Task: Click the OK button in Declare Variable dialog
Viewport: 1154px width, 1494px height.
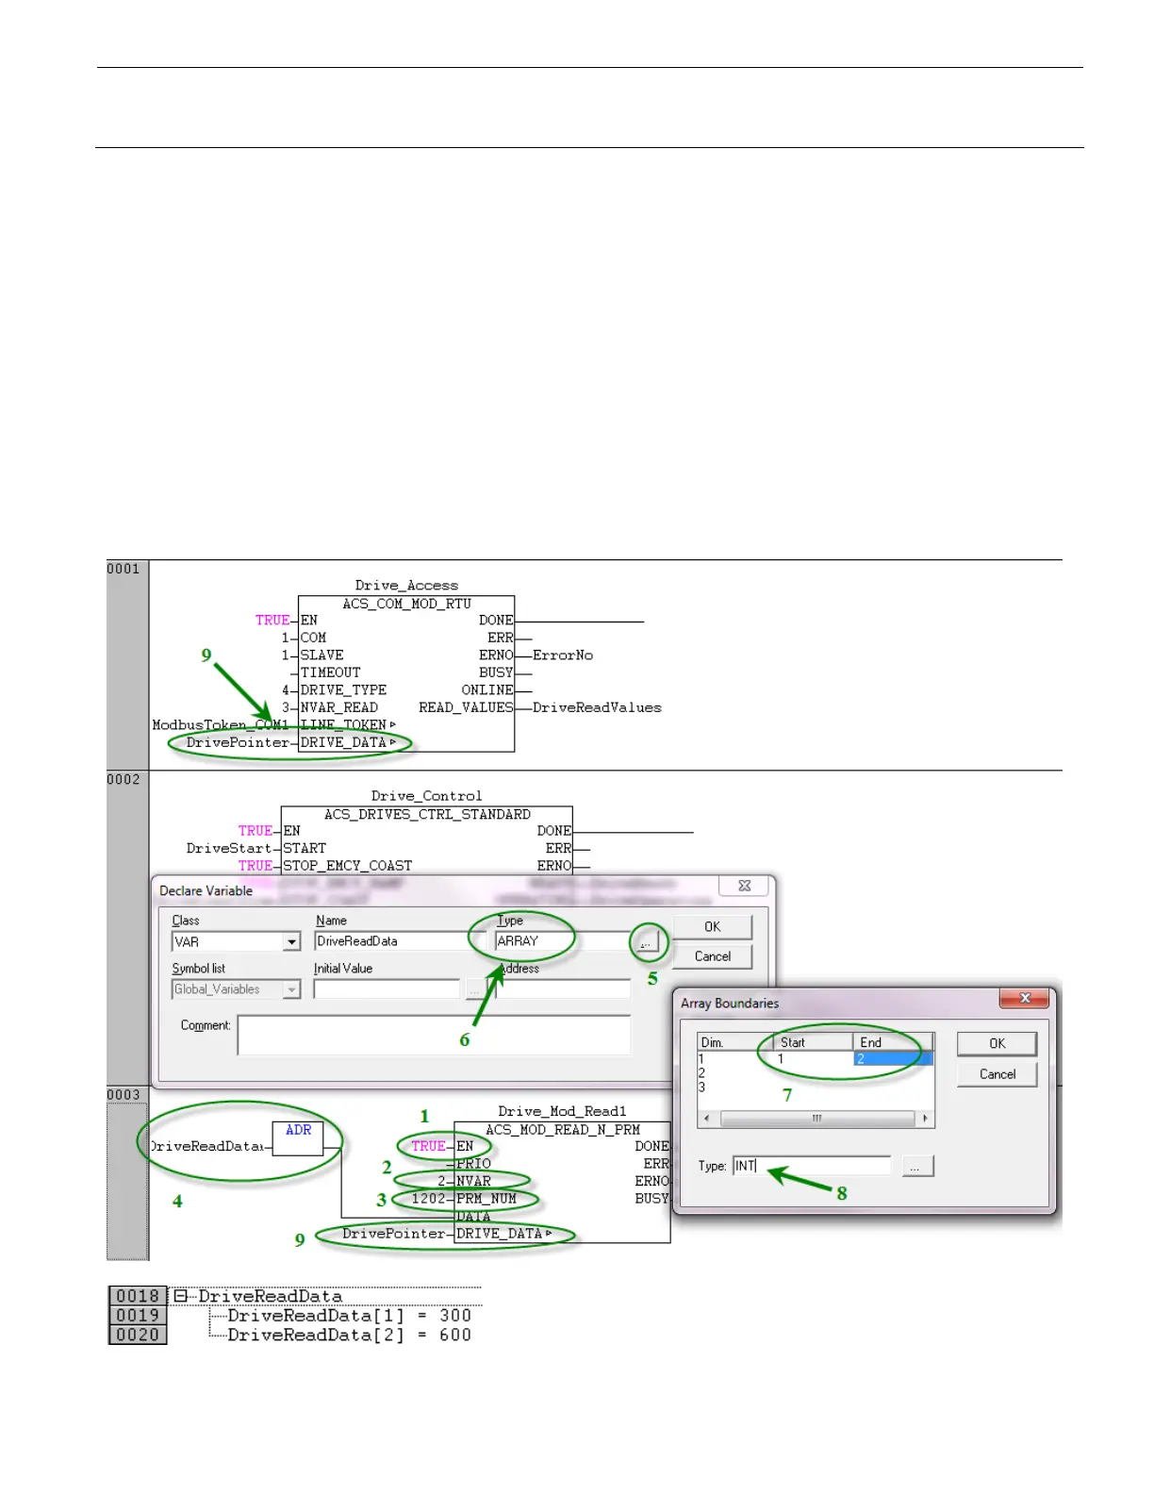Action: click(712, 927)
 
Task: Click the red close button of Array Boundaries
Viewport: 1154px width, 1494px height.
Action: click(1025, 998)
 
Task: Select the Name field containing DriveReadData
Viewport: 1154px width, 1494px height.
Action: click(392, 941)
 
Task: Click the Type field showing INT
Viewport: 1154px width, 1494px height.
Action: click(811, 1166)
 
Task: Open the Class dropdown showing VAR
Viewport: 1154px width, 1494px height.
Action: click(291, 942)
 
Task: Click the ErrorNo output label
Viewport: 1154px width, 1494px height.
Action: click(563, 656)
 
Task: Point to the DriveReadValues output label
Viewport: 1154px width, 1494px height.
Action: click(597, 707)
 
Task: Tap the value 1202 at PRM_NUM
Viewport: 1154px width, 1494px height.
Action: click(428, 1199)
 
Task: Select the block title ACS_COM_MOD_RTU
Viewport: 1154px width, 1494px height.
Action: click(406, 604)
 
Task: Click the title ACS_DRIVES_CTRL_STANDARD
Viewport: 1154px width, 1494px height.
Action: click(427, 814)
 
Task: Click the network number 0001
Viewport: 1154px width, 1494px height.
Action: click(124, 569)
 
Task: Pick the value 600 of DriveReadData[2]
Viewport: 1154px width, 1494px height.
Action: click(454, 1335)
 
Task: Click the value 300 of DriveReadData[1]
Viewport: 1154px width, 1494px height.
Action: click(454, 1315)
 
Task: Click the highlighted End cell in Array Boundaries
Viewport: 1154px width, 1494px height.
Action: click(892, 1059)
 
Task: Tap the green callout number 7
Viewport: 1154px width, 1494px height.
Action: click(787, 1095)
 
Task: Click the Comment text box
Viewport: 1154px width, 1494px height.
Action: click(434, 1034)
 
